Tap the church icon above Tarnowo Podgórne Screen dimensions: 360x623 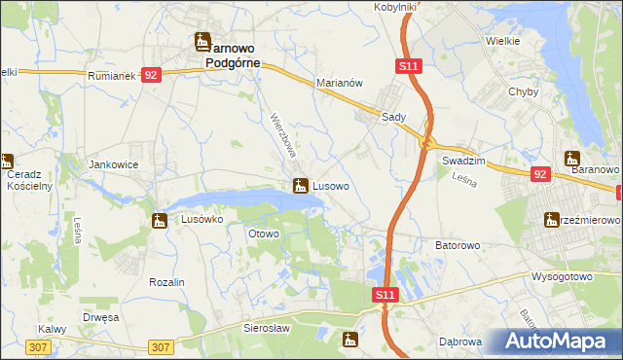click(x=203, y=41)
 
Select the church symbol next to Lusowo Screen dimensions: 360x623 click(x=302, y=185)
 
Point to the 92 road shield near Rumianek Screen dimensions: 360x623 click(x=150, y=75)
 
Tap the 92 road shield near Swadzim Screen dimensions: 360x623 click(x=541, y=173)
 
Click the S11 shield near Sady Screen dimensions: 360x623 click(x=409, y=65)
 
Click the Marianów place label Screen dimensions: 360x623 click(x=339, y=84)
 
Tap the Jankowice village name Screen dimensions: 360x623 click(x=113, y=164)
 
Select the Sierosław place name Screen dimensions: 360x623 click(x=269, y=329)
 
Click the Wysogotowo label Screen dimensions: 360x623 click(x=562, y=275)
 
